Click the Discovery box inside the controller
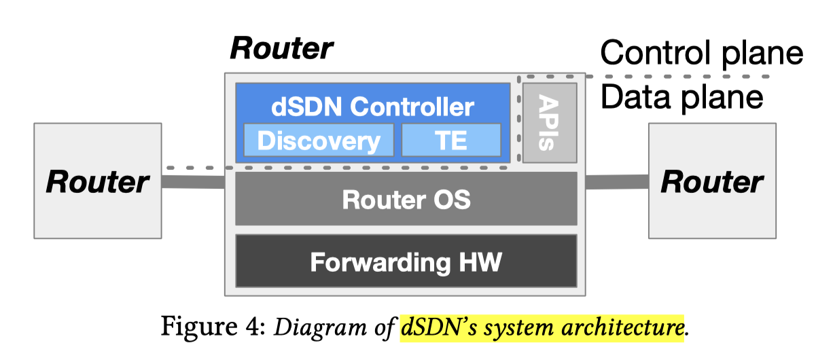(318, 141)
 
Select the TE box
(451, 141)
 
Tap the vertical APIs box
(549, 123)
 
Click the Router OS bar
(406, 199)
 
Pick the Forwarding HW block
(406, 261)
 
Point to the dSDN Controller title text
(372, 106)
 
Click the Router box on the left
(97, 181)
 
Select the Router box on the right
(711, 181)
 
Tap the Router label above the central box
(281, 48)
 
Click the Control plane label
(702, 53)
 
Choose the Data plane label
(682, 97)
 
